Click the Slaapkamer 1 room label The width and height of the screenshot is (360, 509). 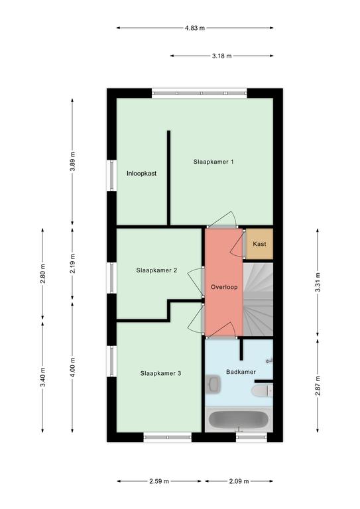coord(213,162)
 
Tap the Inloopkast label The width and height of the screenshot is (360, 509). coord(141,174)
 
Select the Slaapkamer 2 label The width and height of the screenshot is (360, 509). coord(156,270)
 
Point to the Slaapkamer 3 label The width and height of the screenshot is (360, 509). coord(160,373)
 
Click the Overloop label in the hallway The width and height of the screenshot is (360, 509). coord(224,287)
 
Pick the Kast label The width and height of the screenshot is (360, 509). coord(259,244)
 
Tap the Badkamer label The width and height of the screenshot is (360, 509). coord(241,372)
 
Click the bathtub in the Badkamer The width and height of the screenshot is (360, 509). coord(239,419)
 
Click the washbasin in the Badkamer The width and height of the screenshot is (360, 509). coord(213,384)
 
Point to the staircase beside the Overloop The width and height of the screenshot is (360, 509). coord(258,300)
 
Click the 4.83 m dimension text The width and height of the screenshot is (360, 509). coord(195,28)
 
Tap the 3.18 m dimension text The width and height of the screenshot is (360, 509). coord(222,56)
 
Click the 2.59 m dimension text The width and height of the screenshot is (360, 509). coord(159,481)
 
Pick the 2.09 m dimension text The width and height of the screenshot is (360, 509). coord(239,481)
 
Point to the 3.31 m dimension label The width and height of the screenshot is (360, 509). coord(318,282)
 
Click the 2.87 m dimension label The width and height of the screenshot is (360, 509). coord(318,385)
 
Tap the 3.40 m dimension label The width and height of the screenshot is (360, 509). coord(43,377)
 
